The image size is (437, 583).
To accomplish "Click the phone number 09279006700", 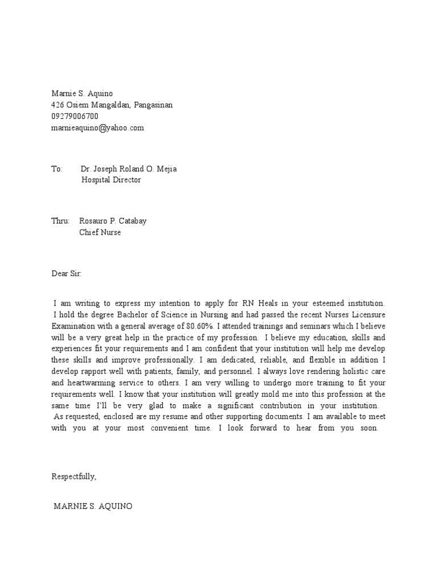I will tap(75, 117).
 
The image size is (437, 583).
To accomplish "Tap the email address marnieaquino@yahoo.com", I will tap(97, 128).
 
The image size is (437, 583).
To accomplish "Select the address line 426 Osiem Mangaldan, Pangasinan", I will tap(112, 105).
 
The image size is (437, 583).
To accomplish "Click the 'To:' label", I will tap(56, 169).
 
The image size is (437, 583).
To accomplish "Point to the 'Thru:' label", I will tap(60, 221).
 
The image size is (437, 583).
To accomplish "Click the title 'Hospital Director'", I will tap(111, 180).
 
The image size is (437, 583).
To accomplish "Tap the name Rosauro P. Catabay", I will tap(117, 221).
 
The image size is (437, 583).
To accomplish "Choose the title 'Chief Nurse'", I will tap(100, 232).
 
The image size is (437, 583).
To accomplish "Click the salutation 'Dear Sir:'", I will tap(67, 274).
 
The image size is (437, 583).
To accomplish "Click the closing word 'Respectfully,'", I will tap(74, 476).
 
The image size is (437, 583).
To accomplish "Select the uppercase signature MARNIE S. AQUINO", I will tap(93, 506).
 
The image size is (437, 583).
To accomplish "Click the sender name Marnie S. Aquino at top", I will tap(86, 94).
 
